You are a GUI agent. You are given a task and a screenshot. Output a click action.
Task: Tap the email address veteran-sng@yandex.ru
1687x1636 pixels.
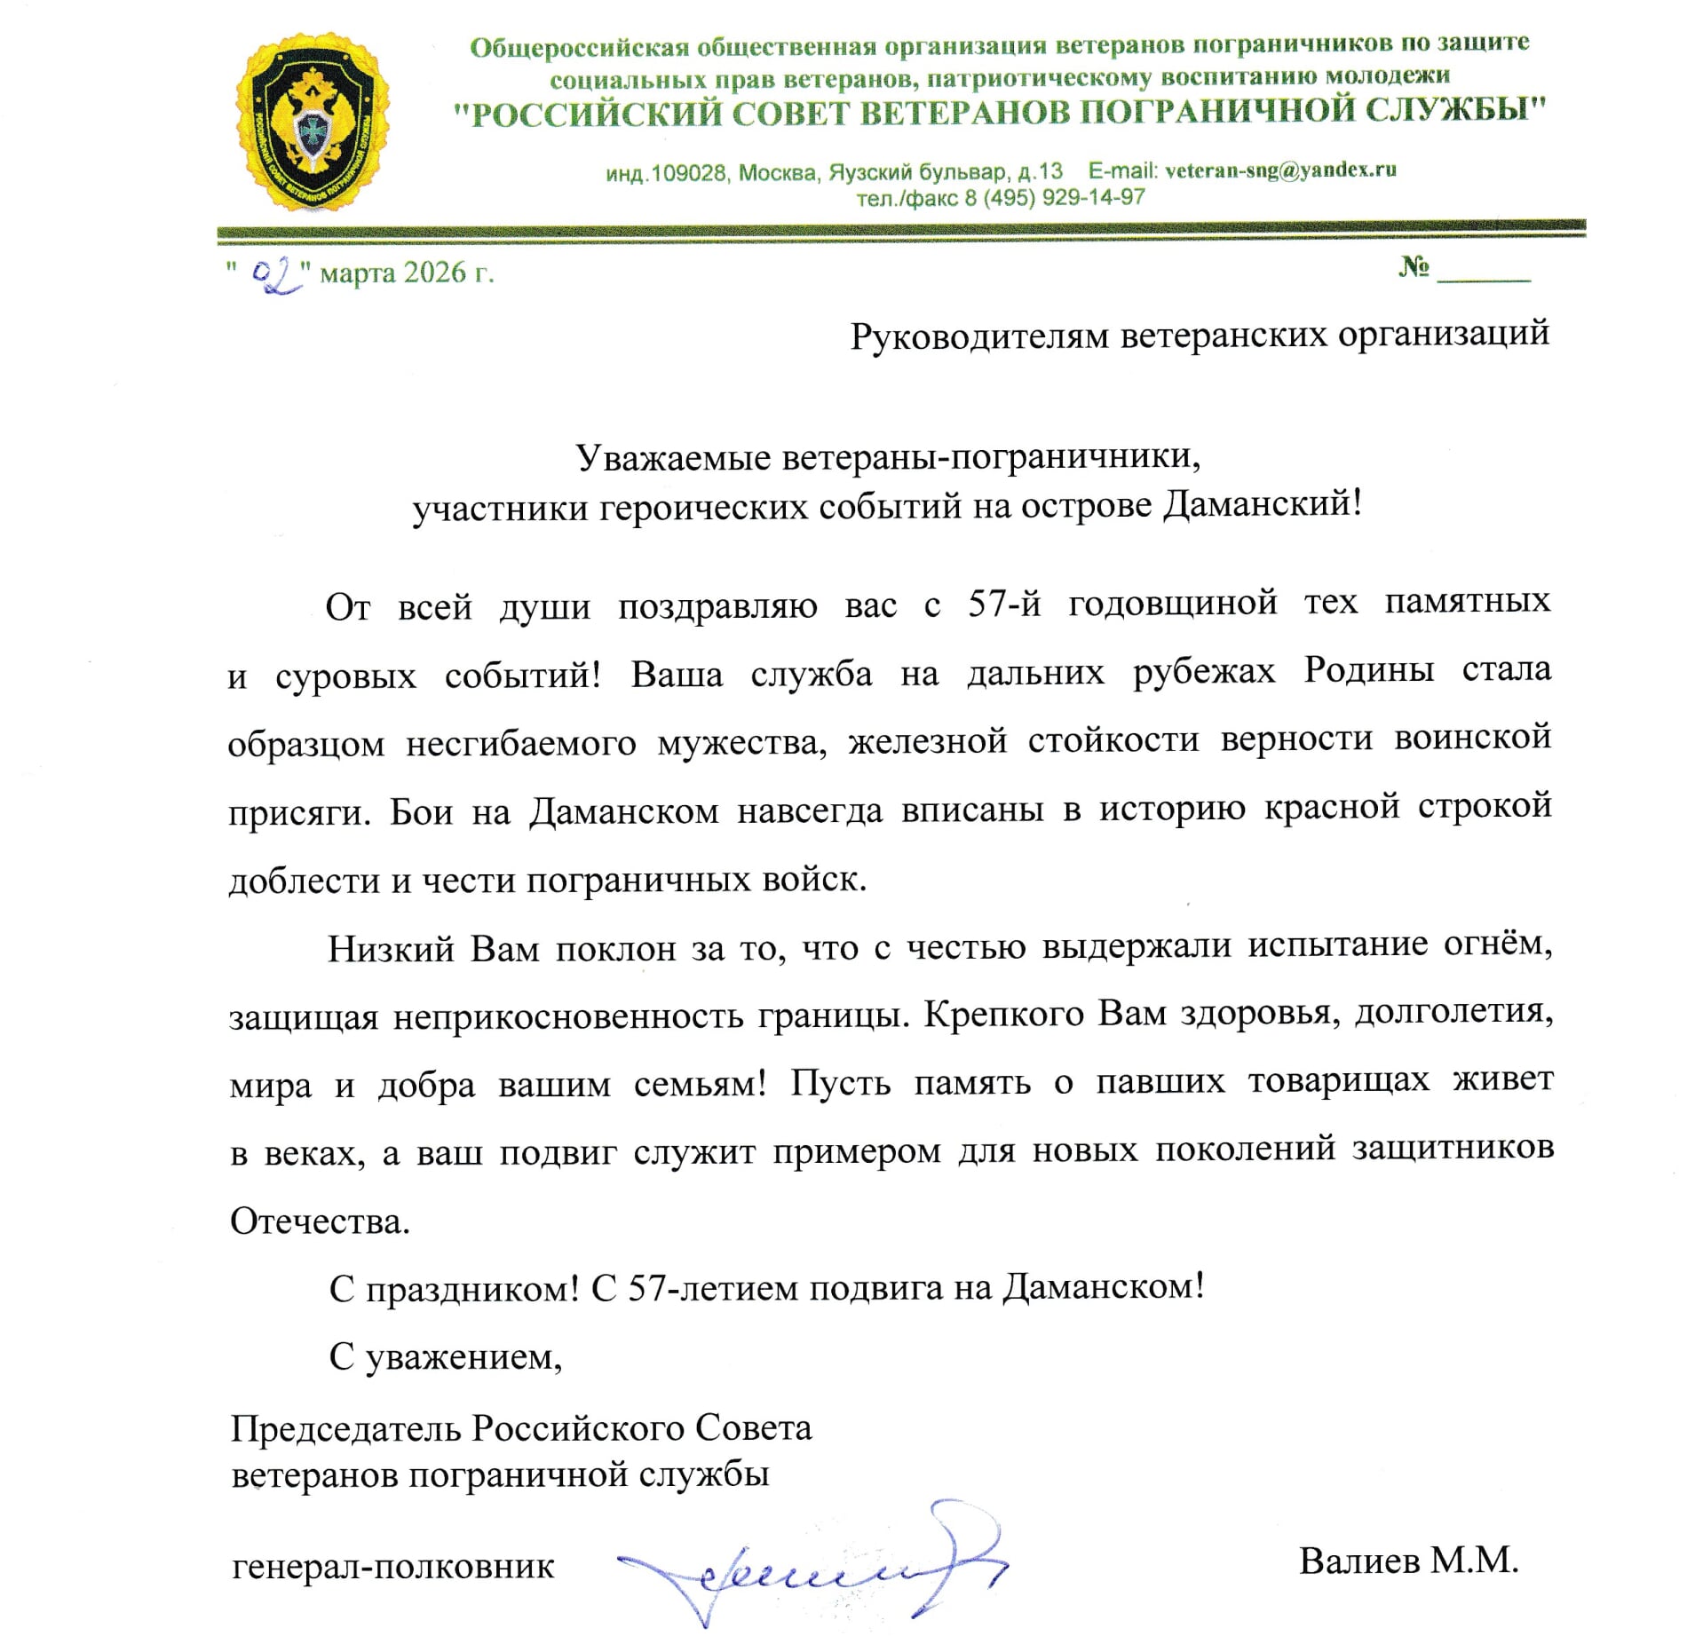click(x=1280, y=170)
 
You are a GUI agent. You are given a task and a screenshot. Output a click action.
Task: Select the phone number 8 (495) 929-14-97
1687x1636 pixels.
click(x=1055, y=197)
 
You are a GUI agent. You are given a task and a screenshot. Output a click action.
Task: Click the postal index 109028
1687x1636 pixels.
click(x=688, y=173)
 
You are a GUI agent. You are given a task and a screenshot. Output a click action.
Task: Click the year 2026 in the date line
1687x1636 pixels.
click(x=434, y=273)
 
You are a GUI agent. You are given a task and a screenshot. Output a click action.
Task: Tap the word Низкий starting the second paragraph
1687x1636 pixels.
click(x=391, y=949)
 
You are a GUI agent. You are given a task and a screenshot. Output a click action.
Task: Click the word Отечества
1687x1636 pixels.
click(x=320, y=1222)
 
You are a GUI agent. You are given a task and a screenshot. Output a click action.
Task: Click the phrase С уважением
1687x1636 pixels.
click(x=446, y=1357)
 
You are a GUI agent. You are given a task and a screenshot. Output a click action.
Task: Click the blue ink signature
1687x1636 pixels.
click(x=812, y=1567)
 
